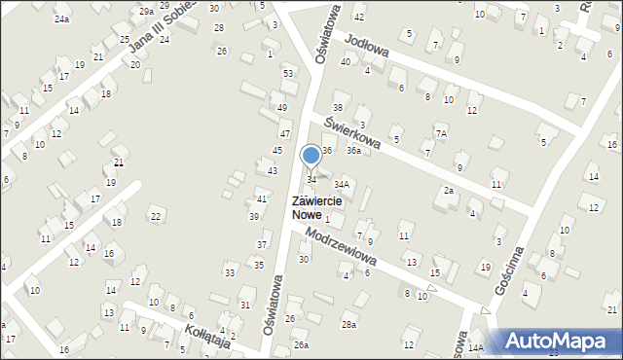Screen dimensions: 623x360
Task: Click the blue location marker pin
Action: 311,156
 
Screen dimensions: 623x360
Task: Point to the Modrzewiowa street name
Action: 340,247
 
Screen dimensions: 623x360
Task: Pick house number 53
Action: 287,74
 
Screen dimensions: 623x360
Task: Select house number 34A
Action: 341,184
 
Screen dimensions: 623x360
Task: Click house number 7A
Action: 441,132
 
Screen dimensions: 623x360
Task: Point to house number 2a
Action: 449,191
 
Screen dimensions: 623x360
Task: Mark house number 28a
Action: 348,324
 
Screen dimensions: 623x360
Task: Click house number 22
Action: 156,215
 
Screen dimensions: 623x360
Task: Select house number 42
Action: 358,18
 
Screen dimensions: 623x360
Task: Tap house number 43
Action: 273,171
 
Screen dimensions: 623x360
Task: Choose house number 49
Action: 281,107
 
